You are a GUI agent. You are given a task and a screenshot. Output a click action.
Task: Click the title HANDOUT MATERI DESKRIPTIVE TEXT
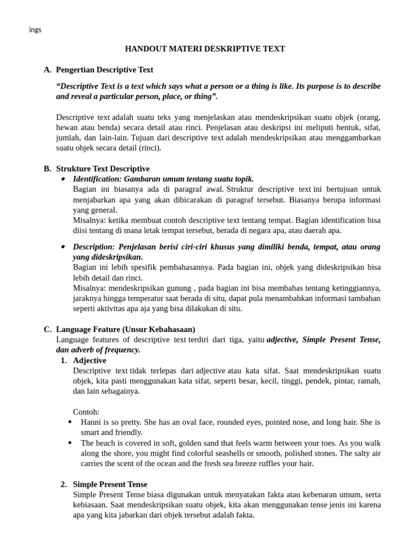tap(205, 49)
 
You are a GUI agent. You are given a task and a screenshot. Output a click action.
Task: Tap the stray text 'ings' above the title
tap(35, 30)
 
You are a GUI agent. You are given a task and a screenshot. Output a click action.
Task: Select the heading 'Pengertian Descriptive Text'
tap(104, 69)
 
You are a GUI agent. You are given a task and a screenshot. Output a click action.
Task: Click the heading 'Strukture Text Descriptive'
tap(103, 168)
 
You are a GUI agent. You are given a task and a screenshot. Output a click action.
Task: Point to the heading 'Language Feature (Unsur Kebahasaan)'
tap(126, 329)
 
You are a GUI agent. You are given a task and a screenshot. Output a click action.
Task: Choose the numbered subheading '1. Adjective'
tap(89, 360)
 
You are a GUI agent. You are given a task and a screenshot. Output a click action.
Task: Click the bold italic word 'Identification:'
tap(97, 179)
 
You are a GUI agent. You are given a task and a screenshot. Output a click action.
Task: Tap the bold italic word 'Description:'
tap(94, 247)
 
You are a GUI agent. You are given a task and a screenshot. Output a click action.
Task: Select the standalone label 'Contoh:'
tap(86, 412)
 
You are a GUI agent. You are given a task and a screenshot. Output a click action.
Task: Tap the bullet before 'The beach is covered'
tap(70, 443)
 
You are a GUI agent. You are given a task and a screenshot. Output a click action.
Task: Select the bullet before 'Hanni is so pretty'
tap(70, 422)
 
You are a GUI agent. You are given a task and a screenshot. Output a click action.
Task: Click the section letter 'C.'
tap(48, 329)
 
